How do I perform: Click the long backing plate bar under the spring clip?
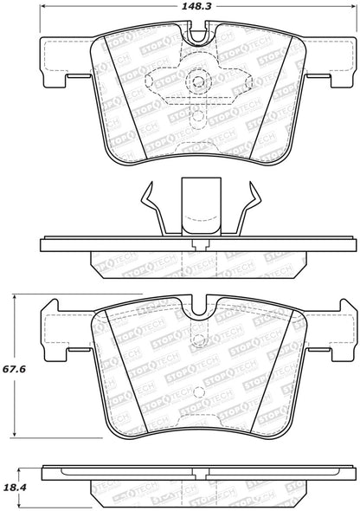click(198, 243)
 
